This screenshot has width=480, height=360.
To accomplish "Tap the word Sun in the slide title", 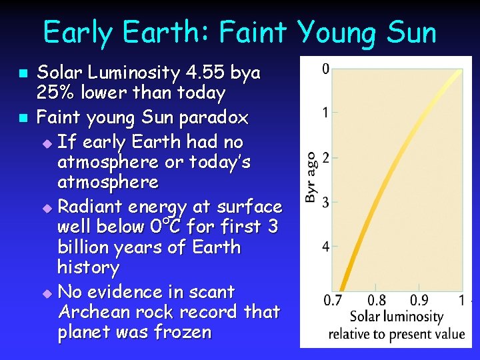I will pyautogui.click(x=409, y=32).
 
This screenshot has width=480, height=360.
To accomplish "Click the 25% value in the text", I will pyautogui.click(x=55, y=93).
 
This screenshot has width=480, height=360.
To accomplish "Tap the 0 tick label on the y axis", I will pyautogui.click(x=325, y=68).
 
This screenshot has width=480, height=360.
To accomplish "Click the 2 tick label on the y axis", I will pyautogui.click(x=325, y=157).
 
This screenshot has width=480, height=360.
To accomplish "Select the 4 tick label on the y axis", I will pyautogui.click(x=325, y=247).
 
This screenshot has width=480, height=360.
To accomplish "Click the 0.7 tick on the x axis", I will pyautogui.click(x=333, y=300).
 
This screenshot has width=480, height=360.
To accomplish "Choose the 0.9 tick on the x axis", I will pyautogui.click(x=419, y=300).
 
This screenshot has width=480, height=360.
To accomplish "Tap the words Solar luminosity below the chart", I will pyautogui.click(x=396, y=317).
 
